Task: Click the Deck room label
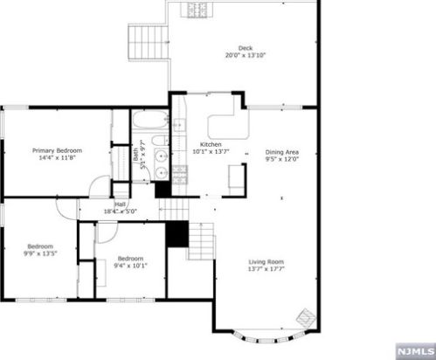246,48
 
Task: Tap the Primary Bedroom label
57,150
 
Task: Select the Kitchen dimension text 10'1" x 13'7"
211,151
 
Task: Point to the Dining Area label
282,152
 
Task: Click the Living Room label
266,262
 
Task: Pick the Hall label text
120,204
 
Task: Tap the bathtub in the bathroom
150,120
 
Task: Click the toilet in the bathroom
160,141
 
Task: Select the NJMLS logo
415,351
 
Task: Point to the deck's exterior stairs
149,43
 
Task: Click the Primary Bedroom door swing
100,187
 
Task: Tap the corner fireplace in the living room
306,317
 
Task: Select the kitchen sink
179,125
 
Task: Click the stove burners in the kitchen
180,175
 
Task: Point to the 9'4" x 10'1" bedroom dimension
130,266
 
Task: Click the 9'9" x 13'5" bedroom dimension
40,253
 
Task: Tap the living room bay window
270,337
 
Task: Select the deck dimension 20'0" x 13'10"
246,55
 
